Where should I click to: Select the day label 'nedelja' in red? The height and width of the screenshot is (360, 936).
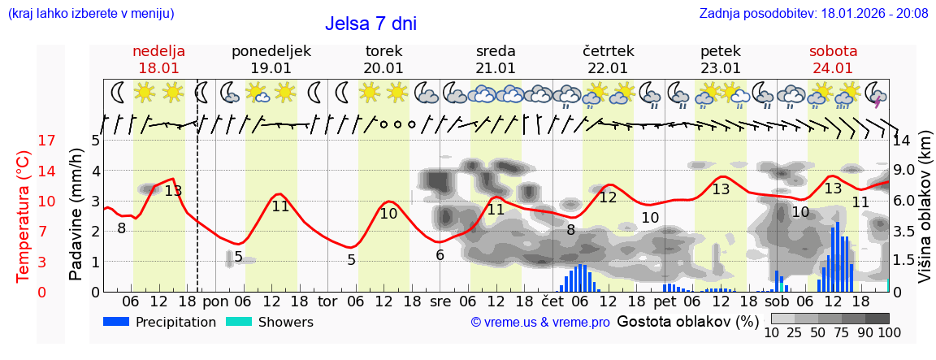[158, 51]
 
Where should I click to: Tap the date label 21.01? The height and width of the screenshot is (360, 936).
[496, 68]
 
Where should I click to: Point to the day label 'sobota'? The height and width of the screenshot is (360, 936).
[833, 51]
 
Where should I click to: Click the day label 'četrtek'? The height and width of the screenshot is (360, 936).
[608, 51]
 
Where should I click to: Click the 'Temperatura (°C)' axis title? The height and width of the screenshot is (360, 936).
[23, 216]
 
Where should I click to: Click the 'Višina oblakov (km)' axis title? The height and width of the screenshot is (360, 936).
[925, 215]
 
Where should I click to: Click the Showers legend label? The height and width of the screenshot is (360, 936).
[285, 322]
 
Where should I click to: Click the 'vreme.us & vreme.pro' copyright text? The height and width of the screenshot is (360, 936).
[540, 323]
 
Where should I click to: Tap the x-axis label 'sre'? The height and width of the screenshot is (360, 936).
[440, 301]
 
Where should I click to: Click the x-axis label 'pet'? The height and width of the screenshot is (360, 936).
[664, 301]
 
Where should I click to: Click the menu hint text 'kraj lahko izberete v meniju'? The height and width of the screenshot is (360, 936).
[90, 13]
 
